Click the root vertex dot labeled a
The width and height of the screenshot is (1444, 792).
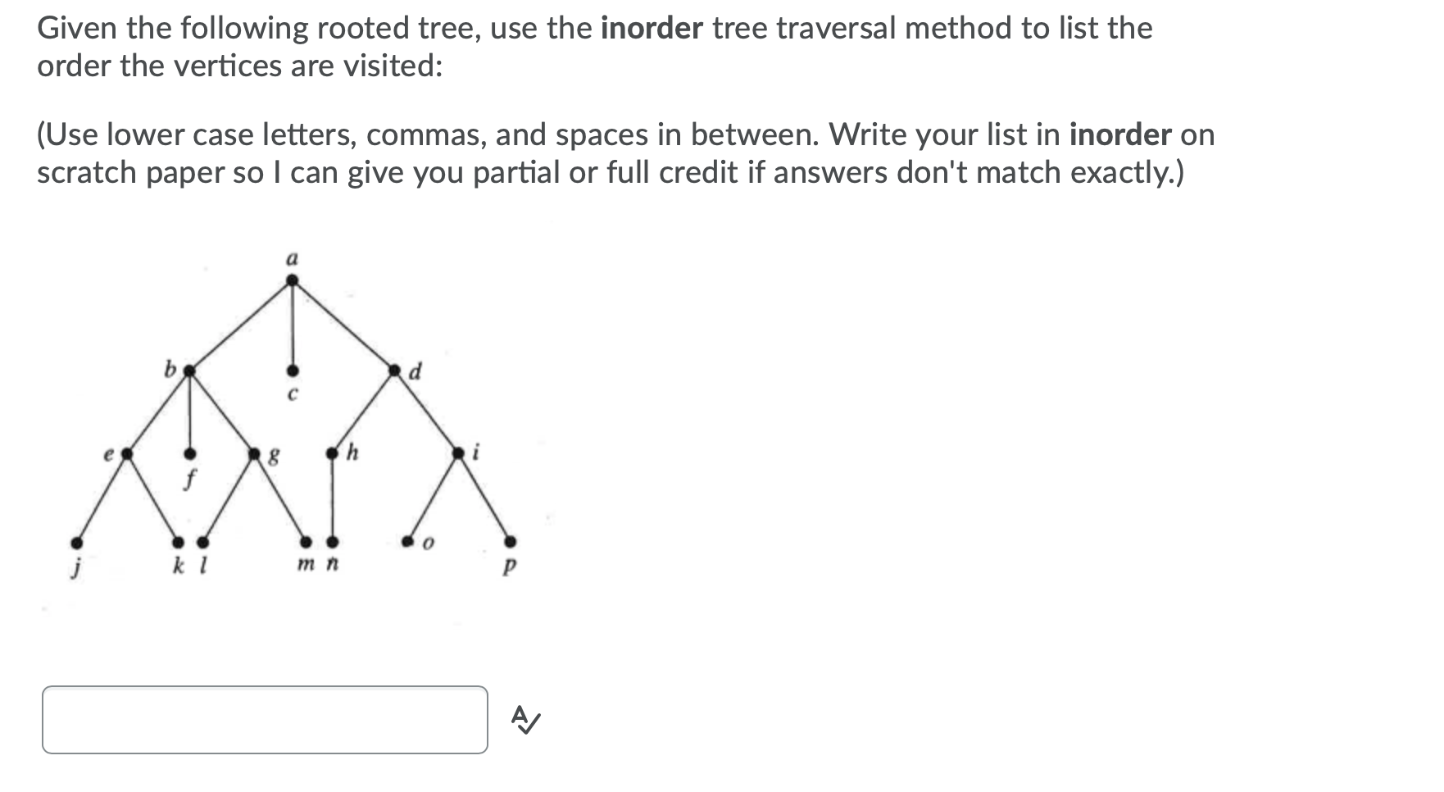(x=292, y=280)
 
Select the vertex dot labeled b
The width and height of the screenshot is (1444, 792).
(x=189, y=371)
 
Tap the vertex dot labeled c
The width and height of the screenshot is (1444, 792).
(x=292, y=371)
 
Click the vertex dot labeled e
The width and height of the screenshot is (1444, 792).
(x=127, y=452)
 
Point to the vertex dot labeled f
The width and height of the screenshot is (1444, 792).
(x=189, y=453)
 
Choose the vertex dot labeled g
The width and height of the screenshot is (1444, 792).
(x=254, y=453)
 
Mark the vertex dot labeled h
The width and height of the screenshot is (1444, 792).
(x=332, y=453)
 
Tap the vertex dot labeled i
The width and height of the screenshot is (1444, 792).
(x=459, y=452)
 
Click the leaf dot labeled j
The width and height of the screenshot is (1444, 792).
(x=76, y=542)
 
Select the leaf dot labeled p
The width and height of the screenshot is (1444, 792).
(x=510, y=541)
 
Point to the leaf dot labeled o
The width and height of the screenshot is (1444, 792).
(x=407, y=541)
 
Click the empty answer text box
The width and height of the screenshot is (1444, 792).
(x=265, y=719)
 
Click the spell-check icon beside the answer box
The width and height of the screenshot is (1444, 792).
(x=525, y=720)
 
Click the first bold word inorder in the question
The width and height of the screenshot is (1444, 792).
(x=652, y=29)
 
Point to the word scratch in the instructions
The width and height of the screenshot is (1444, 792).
(x=88, y=173)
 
